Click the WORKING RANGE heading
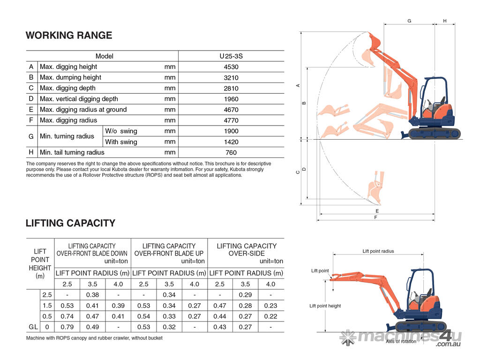pyautogui.click(x=69, y=36)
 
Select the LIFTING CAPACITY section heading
pyautogui.click(x=70, y=223)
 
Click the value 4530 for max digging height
pyautogui.click(x=231, y=67)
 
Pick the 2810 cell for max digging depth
pyautogui.click(x=231, y=89)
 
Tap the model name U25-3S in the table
pyautogui.click(x=231, y=56)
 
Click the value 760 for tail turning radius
pyautogui.click(x=231, y=153)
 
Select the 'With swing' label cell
pyautogui.click(x=121, y=142)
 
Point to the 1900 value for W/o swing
pyautogui.click(x=231, y=131)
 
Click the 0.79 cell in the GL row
pyautogui.click(x=67, y=327)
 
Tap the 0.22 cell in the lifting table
pyautogui.click(x=270, y=316)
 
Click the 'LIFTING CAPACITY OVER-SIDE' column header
pyautogui.click(x=246, y=249)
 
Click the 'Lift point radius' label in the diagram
pyautogui.click(x=378, y=251)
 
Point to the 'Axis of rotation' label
pyautogui.click(x=401, y=342)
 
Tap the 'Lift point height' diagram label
pyautogui.click(x=325, y=306)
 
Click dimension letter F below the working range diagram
pyautogui.click(x=375, y=217)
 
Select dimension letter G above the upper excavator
pyautogui.click(x=409, y=22)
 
